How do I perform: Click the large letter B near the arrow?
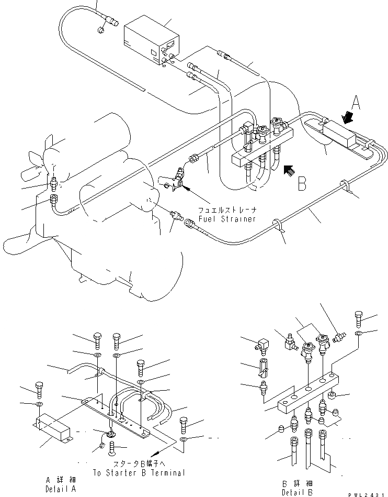[302, 183]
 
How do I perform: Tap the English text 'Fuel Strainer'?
[227, 219]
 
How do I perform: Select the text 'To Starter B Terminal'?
[139, 472]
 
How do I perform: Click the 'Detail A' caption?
[61, 489]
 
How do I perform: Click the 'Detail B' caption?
[297, 492]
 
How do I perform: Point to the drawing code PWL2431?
[368, 494]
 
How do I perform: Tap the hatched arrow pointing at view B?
[289, 171]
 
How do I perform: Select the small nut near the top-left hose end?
[100, 30]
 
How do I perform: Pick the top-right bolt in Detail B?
[358, 319]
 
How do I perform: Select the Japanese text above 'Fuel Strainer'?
[227, 209]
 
